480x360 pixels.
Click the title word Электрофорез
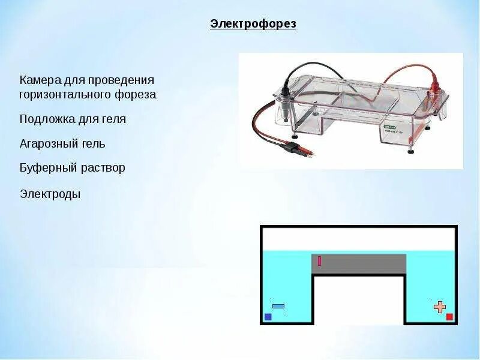tap(253, 25)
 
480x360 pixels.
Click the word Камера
tap(40, 80)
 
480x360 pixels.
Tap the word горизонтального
tap(66, 95)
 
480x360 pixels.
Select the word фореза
tap(136, 95)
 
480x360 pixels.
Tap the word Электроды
tap(50, 194)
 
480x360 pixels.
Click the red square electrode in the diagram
tap(449, 317)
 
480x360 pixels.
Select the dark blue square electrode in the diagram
tap(268, 317)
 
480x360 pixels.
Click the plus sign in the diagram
tap(440, 307)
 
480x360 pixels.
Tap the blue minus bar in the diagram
tap(278, 306)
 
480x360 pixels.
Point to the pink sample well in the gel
tap(319, 261)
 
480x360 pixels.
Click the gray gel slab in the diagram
tap(360, 264)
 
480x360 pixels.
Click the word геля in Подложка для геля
tap(113, 119)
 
